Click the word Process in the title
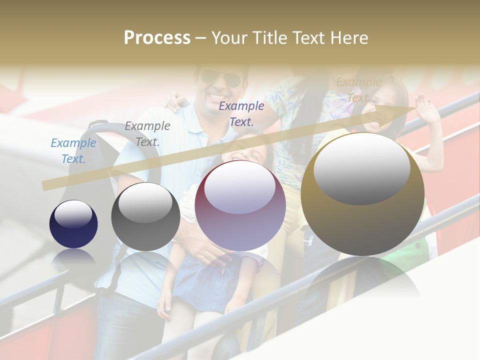click(x=157, y=38)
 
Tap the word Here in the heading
click(x=348, y=38)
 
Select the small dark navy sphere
click(x=73, y=224)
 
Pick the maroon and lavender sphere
click(x=240, y=205)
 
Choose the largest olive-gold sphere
click(x=362, y=194)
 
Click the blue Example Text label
click(x=73, y=151)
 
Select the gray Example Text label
click(x=147, y=134)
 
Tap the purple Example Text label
click(x=241, y=113)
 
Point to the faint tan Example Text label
click(x=358, y=90)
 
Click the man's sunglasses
click(x=220, y=78)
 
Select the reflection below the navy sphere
click(x=73, y=257)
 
